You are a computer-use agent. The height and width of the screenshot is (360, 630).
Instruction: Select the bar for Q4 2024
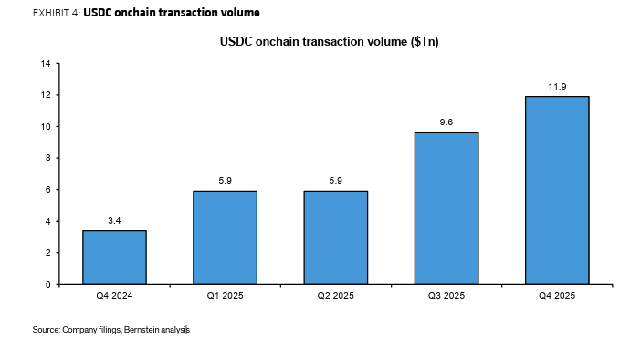click(114, 257)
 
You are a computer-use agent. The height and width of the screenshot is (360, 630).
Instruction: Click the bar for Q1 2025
click(225, 238)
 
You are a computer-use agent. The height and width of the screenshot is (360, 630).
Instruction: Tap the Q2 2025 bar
click(335, 238)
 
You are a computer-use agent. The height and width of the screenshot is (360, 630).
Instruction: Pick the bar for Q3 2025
click(446, 208)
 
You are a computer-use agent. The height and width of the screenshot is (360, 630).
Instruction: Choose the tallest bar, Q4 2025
click(557, 190)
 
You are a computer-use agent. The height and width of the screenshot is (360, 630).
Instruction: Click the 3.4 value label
click(114, 221)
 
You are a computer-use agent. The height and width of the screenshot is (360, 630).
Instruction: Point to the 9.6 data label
click(446, 123)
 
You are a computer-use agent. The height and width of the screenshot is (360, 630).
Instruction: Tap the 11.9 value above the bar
click(557, 87)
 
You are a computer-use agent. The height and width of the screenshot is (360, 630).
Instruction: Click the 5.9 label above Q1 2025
click(225, 182)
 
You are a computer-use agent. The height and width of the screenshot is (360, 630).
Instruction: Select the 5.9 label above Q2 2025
click(335, 182)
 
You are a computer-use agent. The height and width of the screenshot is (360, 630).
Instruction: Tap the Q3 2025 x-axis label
click(446, 297)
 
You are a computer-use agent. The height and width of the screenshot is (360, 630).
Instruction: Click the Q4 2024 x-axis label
click(114, 297)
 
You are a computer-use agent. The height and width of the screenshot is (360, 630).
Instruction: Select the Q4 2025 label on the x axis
click(557, 297)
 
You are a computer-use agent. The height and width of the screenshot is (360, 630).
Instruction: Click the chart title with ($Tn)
click(330, 42)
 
